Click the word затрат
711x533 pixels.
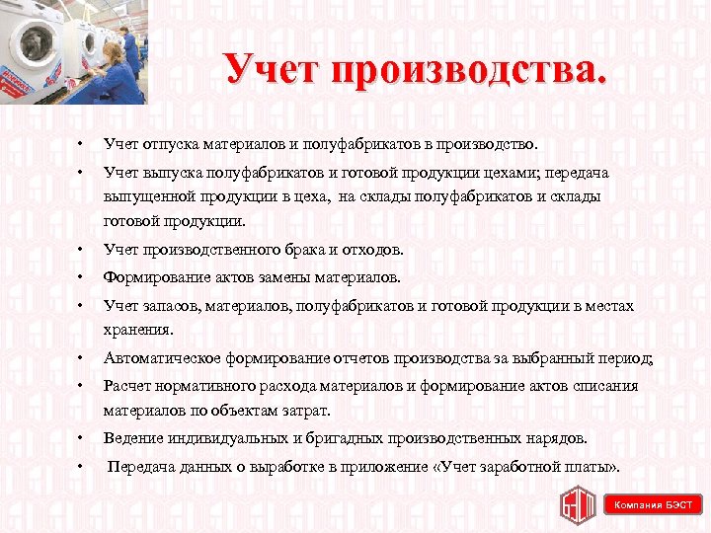coord(301,410)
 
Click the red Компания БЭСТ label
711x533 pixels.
coord(654,504)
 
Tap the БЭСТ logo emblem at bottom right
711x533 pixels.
coord(579,504)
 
